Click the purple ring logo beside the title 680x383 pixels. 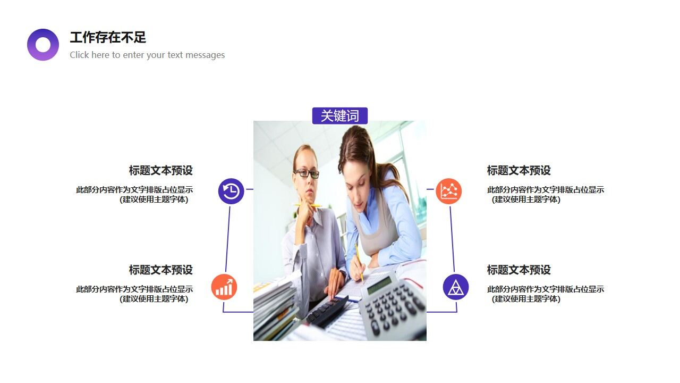pos(43,45)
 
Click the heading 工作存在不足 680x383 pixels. pos(108,37)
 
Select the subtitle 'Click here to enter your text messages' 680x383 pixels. pos(147,55)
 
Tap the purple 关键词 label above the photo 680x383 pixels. pos(340,116)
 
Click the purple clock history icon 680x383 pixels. pos(231,191)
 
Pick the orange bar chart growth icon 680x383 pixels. pos(224,287)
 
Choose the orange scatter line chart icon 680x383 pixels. pos(449,191)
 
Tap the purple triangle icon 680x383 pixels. pos(456,287)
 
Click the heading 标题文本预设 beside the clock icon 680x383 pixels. pos(160,171)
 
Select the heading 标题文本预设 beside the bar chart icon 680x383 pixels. pos(160,270)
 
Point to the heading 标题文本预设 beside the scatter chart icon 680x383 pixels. pos(518,171)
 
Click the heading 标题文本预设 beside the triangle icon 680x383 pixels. pos(518,270)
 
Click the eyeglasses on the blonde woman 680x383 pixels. pos(307,173)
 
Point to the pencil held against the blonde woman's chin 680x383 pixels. pos(308,205)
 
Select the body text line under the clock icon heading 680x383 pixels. pos(134,190)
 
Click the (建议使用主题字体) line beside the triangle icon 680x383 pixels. pos(526,299)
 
